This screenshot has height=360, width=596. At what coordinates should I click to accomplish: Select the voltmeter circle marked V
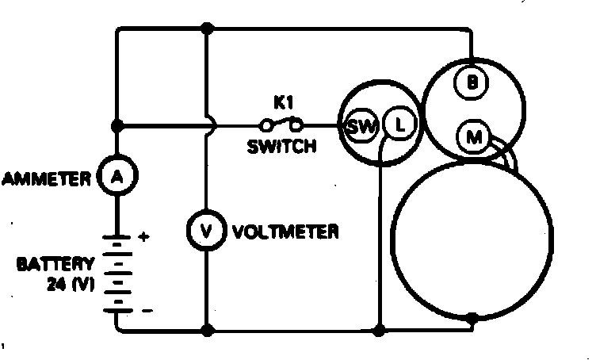[x=206, y=232]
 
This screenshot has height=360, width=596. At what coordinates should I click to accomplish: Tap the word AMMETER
[x=47, y=178]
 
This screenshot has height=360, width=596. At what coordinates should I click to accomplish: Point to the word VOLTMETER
[x=287, y=232]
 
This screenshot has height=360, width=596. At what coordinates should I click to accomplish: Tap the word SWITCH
[x=282, y=147]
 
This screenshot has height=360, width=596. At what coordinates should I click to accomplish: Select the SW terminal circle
[x=359, y=124]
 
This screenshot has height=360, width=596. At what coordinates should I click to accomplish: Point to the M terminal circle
[x=474, y=137]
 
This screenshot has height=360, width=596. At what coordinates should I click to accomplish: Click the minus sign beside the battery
[x=144, y=312]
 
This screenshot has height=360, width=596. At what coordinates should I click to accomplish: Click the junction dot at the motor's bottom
[x=472, y=318]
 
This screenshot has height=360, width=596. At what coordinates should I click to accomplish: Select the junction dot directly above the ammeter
[x=117, y=125]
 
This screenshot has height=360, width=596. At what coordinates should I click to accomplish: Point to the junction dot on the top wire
[x=208, y=29]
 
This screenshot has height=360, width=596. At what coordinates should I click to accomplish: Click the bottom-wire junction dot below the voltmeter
[x=206, y=328]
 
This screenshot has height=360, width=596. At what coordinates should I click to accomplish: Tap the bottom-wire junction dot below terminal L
[x=380, y=328]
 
